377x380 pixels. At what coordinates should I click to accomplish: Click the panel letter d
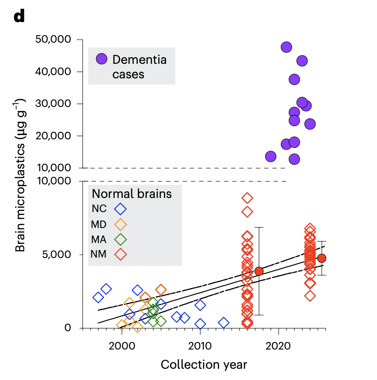pyautogui.click(x=19, y=17)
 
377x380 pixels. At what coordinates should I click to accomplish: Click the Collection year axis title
pyautogui.click(x=204, y=365)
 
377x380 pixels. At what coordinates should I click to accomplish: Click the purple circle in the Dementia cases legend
pyautogui.click(x=102, y=59)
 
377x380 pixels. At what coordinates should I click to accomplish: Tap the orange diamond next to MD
pyautogui.click(x=121, y=224)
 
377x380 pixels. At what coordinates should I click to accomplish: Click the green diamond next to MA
pyautogui.click(x=121, y=239)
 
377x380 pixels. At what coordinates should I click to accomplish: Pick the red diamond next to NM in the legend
pyautogui.click(x=121, y=255)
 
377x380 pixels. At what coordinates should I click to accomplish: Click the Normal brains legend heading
pyautogui.click(x=132, y=193)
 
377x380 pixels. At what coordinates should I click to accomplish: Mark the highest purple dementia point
pyautogui.click(x=287, y=47)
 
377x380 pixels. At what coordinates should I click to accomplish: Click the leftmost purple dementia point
pyautogui.click(x=271, y=156)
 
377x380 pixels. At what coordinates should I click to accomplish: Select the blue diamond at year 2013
pyautogui.click(x=224, y=323)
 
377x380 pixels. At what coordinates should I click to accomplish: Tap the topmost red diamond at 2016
pyautogui.click(x=247, y=198)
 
